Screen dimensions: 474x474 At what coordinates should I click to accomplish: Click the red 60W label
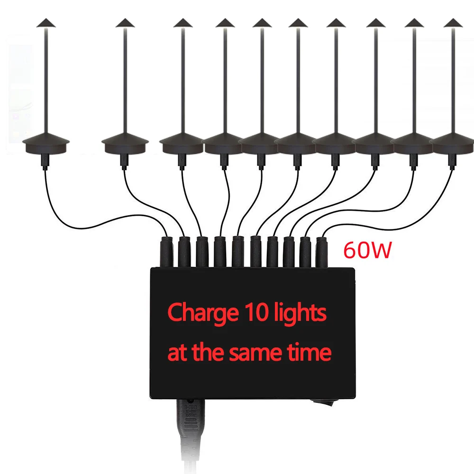[367, 250]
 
